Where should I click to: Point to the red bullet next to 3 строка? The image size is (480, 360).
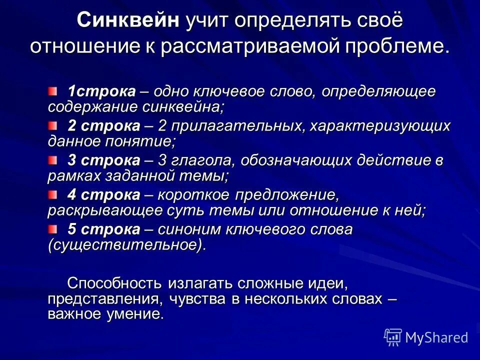pos(53,159)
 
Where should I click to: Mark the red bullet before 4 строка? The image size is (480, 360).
pos(53,194)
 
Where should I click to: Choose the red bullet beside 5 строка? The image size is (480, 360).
pos(53,229)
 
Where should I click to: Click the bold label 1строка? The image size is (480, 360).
pos(102,91)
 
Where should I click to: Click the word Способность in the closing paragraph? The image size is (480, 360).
pos(114,283)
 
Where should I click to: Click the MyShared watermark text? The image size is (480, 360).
pos(436,337)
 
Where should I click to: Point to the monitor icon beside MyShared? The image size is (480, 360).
pos(393,337)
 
